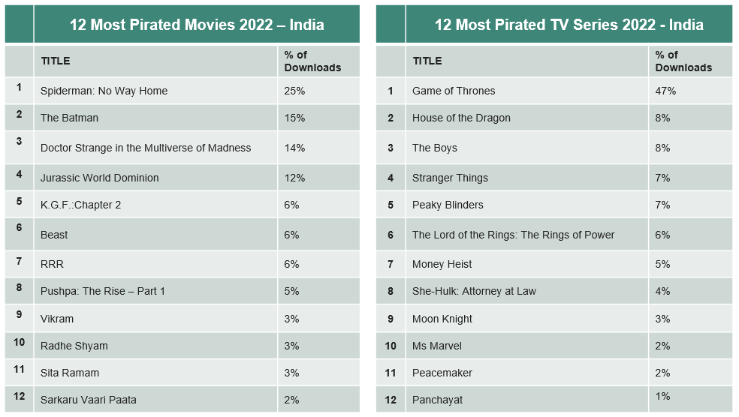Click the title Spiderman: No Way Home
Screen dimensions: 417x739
coord(104,91)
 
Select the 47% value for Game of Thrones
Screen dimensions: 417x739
coord(665,91)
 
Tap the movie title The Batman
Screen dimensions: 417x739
coord(69,118)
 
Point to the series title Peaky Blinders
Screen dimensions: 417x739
coord(448,205)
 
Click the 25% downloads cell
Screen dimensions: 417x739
coord(294,91)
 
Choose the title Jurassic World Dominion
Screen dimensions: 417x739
coord(100,178)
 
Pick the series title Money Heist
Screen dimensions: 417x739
coord(442,264)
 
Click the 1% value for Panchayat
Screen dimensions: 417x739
coord(662,396)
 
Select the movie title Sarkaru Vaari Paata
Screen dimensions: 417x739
coord(89,400)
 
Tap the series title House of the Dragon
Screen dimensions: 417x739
coord(461,118)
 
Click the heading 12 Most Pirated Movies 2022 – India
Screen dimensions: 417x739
coord(197,25)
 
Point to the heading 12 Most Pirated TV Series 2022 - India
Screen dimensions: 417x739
coord(569,25)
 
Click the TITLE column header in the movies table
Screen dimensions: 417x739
coord(56,61)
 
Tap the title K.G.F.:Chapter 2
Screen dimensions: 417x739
coord(80,205)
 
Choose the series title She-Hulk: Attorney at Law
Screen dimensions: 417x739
coord(474,291)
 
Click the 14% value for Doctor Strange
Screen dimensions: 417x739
coord(294,148)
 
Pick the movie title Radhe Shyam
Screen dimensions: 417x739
coord(74,346)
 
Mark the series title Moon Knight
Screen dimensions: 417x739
coord(442,319)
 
